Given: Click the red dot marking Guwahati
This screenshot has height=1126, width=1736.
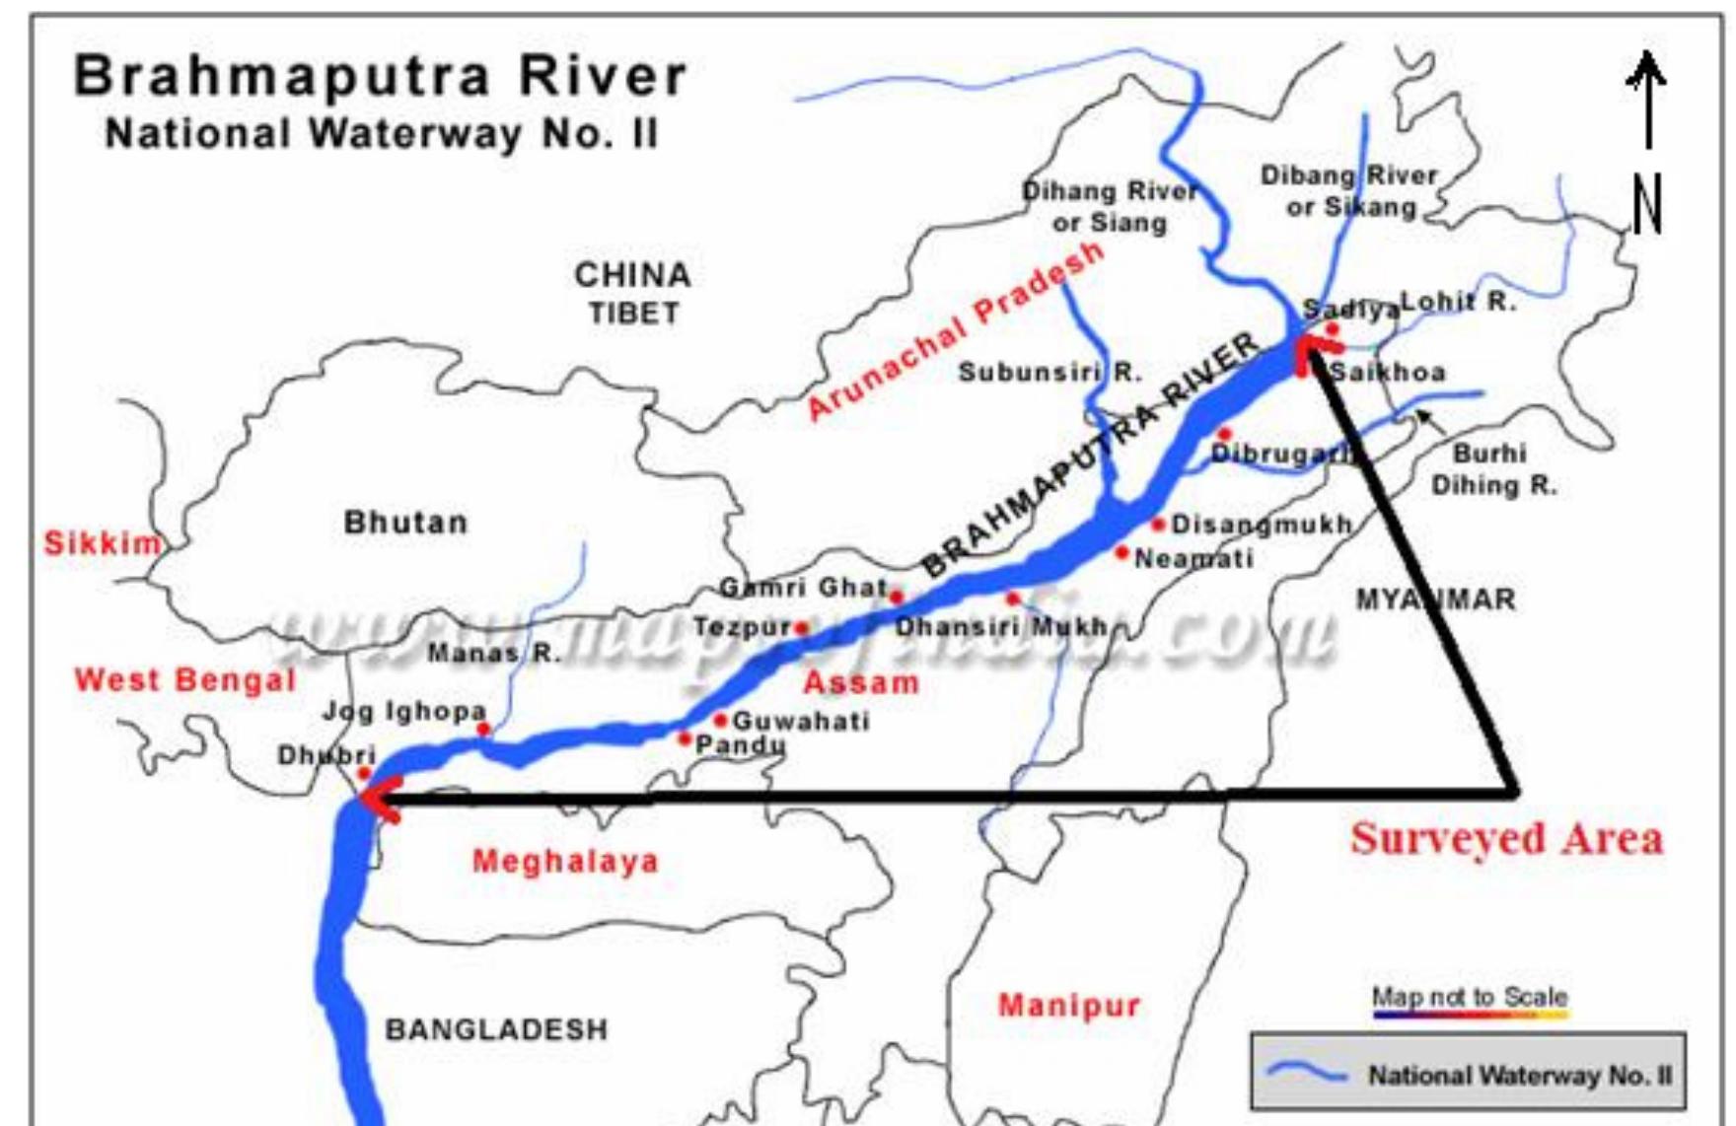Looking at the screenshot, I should (720, 721).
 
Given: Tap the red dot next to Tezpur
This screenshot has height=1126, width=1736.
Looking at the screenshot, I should (802, 628).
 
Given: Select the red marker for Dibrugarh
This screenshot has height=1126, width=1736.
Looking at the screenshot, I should (1224, 434).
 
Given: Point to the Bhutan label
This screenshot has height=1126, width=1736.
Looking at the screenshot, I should (405, 523).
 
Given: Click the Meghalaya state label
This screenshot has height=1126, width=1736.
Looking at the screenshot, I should (565, 861).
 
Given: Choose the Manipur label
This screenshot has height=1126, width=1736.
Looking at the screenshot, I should (1069, 1006).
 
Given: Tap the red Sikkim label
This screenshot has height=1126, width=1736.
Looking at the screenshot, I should (103, 542).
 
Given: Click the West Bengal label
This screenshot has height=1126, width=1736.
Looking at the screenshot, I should (185, 679).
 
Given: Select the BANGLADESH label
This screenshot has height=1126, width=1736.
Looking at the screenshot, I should (496, 1029).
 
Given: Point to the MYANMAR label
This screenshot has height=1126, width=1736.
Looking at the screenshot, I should (1435, 599).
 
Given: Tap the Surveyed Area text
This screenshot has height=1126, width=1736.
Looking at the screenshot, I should (1506, 839).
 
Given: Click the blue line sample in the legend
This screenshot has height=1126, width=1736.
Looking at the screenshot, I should (1307, 1073).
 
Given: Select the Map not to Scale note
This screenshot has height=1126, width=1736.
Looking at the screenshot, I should (1469, 998).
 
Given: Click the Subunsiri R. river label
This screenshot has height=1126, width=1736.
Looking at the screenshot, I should (1049, 373).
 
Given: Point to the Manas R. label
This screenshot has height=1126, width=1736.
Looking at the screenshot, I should (494, 653).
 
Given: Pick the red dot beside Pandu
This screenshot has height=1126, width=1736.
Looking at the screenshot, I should (685, 739).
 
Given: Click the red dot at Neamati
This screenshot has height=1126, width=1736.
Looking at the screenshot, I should (1121, 553).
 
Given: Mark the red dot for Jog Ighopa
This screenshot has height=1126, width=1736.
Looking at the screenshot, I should (483, 730).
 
